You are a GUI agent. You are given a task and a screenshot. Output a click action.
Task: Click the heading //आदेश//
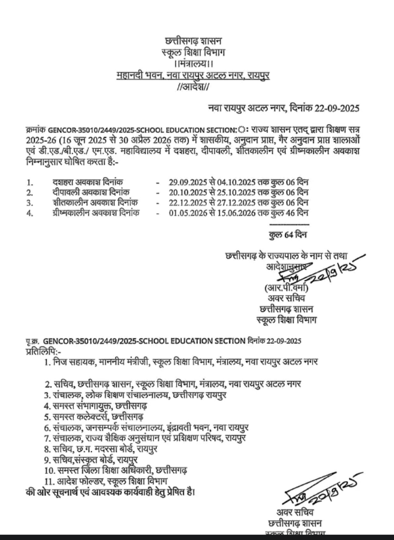(193, 87)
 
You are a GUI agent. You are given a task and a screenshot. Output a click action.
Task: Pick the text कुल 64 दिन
(288, 235)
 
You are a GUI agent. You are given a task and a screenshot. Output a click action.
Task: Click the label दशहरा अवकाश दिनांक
(88, 183)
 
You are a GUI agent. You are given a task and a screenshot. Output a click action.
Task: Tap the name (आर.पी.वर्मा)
(286, 288)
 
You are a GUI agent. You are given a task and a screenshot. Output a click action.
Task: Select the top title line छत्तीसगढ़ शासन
(193, 42)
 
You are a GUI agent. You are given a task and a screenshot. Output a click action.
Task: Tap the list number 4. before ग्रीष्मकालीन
(30, 213)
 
